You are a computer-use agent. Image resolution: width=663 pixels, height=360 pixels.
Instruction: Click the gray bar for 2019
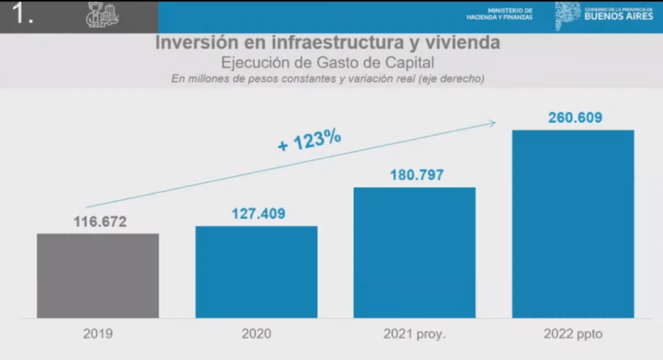tap(98, 275)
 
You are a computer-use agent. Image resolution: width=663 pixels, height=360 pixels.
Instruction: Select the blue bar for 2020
tap(256, 272)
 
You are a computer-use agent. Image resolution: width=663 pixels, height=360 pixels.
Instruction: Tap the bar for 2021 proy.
tap(414, 253)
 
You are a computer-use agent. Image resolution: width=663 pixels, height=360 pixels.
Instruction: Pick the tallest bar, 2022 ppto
tap(573, 223)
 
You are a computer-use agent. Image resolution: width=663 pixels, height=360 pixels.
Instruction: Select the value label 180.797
tap(414, 175)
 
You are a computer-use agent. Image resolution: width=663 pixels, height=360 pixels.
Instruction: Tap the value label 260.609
tap(573, 117)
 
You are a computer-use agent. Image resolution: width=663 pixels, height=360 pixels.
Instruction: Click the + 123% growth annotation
tap(309, 140)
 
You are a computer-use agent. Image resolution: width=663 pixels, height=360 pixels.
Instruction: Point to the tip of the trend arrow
tap(495, 121)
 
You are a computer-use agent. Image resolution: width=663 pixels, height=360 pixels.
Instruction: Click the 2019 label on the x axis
tap(98, 335)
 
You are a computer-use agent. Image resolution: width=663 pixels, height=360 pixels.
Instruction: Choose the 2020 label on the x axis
tap(256, 335)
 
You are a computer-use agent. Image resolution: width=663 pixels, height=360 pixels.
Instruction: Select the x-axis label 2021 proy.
tap(414, 335)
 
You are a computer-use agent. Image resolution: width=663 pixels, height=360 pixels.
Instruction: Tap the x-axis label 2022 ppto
tap(573, 335)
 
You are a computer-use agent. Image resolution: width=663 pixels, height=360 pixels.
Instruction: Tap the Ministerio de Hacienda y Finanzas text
tap(500, 14)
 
